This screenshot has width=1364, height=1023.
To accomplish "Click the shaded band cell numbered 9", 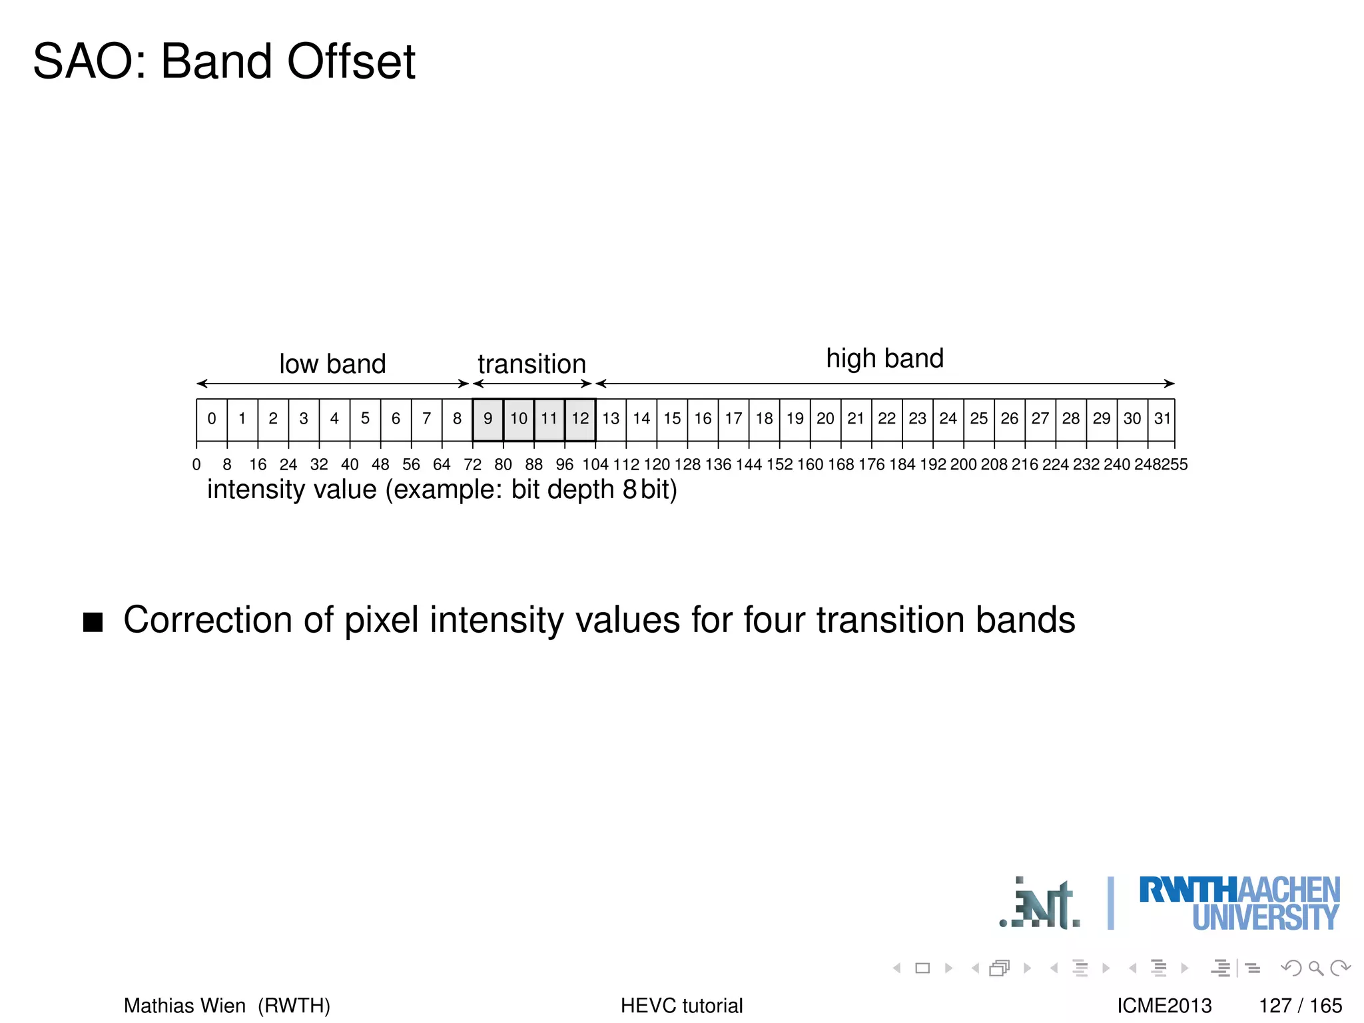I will (488, 419).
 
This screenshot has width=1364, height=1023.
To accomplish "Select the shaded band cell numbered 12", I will (580, 419).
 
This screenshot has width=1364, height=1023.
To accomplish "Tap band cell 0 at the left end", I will (212, 419).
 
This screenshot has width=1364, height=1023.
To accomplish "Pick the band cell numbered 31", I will (1162, 419).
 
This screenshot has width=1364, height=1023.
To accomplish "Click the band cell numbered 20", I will (825, 419).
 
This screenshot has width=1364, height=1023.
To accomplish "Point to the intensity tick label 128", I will (687, 464).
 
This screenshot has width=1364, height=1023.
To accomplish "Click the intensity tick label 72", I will (472, 464).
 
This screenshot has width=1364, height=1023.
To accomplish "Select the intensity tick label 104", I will (595, 464).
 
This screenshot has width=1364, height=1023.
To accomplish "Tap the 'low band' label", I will (332, 364).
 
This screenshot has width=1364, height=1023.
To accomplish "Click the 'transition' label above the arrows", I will (531, 364).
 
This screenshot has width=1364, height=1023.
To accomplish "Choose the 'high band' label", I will (884, 358).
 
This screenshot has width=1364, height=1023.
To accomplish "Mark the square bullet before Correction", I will (93, 621).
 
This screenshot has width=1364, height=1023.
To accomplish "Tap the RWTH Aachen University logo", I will (1239, 904).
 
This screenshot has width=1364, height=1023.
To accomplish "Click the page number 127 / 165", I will (1300, 1005).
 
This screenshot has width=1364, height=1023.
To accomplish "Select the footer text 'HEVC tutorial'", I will (681, 1005).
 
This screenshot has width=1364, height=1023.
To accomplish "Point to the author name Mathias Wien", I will (184, 1005).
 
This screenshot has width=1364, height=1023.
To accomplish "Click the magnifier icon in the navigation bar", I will (1315, 968).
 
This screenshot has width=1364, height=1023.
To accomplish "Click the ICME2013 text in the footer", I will (1164, 1005).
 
